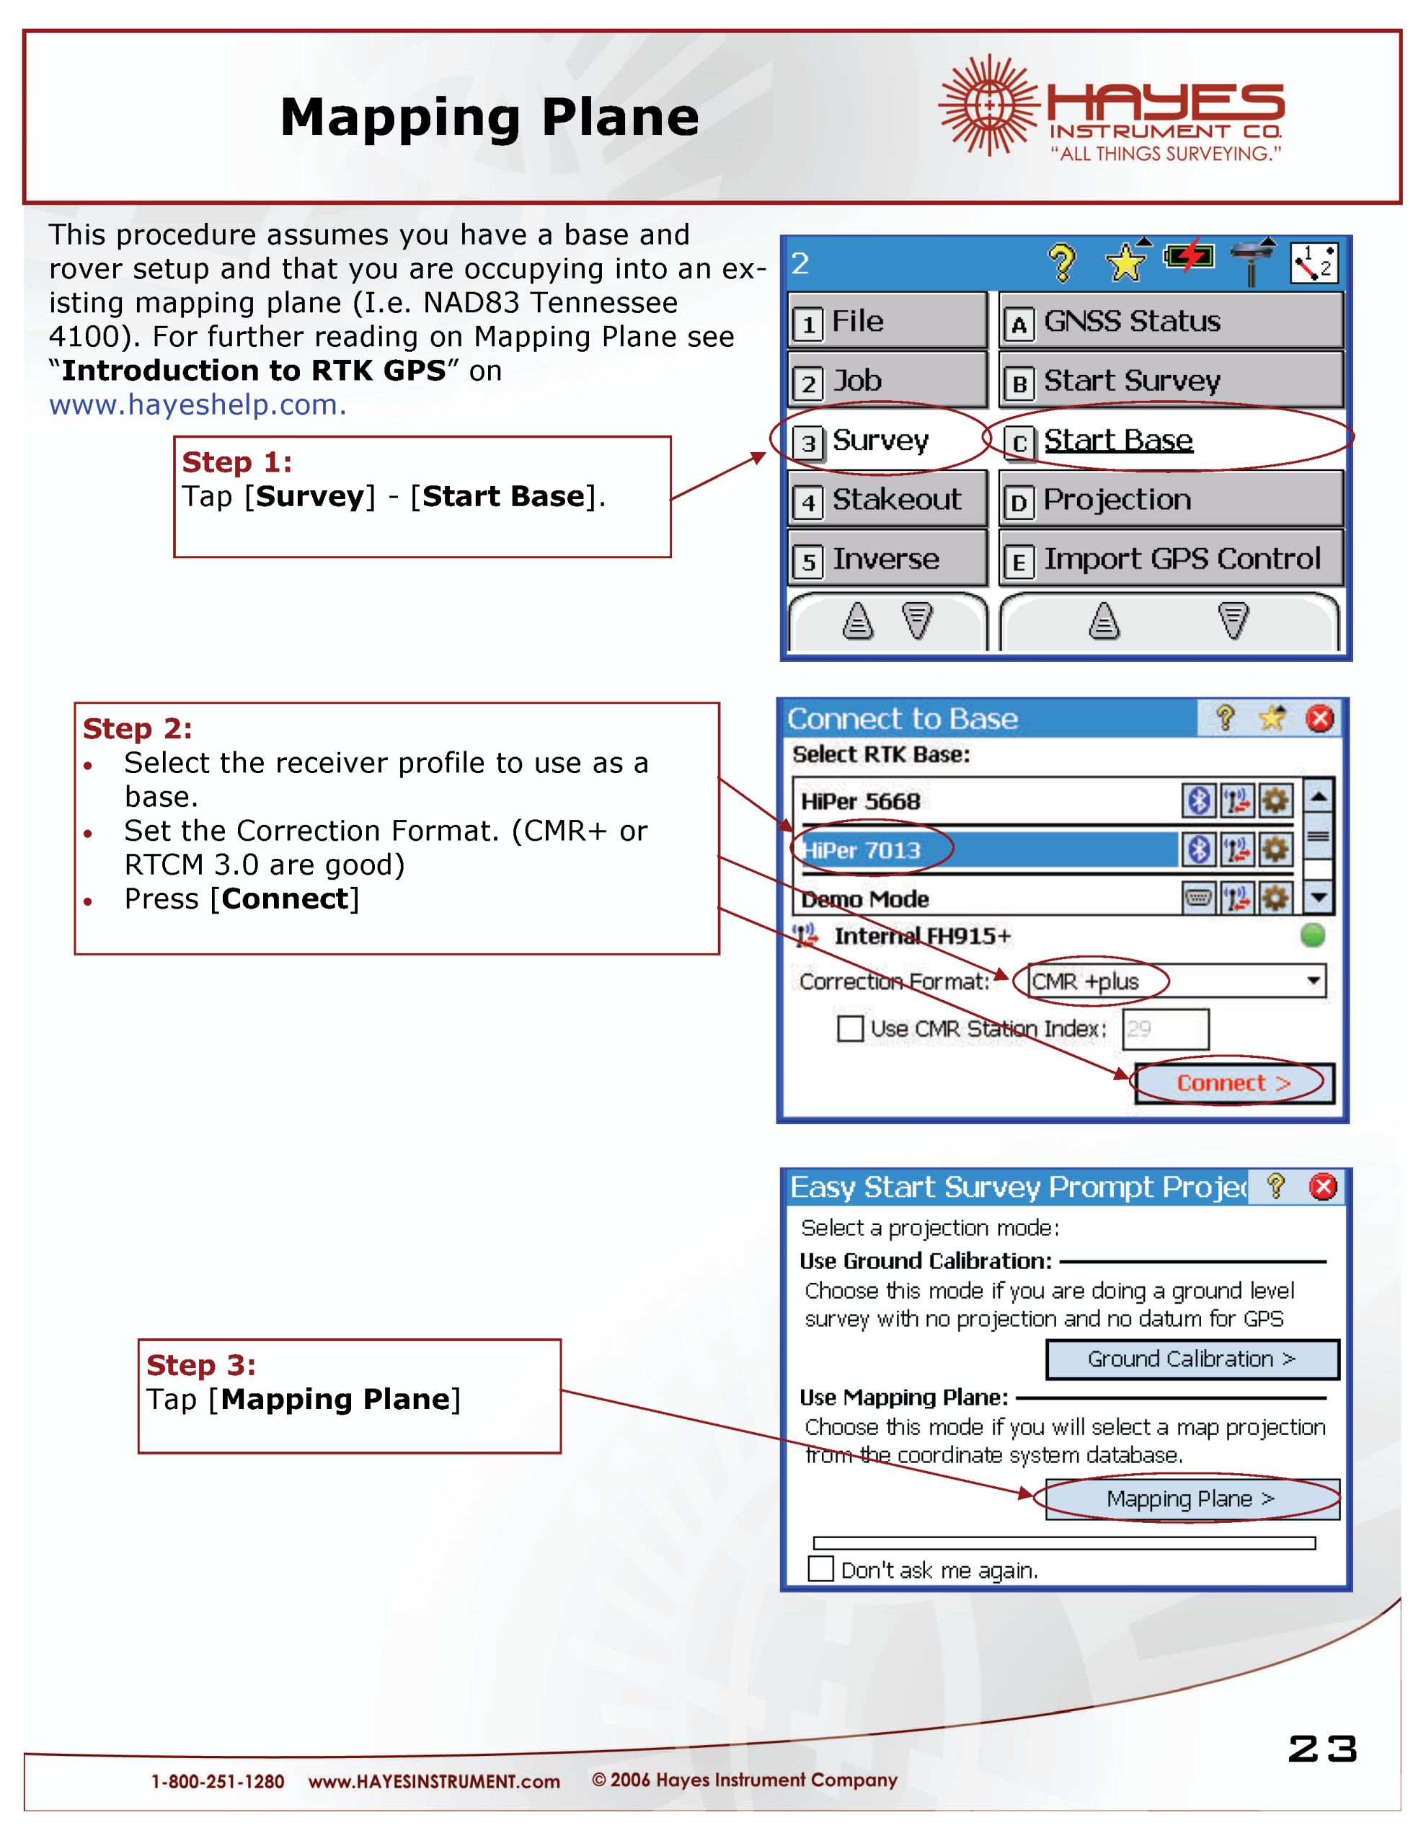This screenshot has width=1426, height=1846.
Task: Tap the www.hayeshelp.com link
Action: pyautogui.click(x=197, y=405)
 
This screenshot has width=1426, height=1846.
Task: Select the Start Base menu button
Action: pyautogui.click(x=1170, y=441)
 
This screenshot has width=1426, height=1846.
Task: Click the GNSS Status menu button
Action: pyautogui.click(x=1170, y=321)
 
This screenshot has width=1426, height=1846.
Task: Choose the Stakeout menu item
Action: pyautogui.click(x=887, y=500)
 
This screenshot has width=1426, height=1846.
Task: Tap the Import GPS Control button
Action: pyautogui.click(x=1170, y=560)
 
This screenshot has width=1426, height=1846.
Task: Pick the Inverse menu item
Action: pyautogui.click(x=887, y=560)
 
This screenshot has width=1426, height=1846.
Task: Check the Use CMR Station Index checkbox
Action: pyautogui.click(x=849, y=1029)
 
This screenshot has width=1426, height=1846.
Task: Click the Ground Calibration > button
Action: pyautogui.click(x=1191, y=1359)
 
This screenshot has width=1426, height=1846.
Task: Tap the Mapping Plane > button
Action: pyautogui.click(x=1191, y=1498)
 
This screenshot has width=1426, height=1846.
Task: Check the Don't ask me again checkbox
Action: pyautogui.click(x=820, y=1569)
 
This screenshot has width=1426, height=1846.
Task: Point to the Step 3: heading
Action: pyautogui.click(x=201, y=1365)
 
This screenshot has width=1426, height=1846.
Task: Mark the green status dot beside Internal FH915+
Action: pyautogui.click(x=1312, y=936)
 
